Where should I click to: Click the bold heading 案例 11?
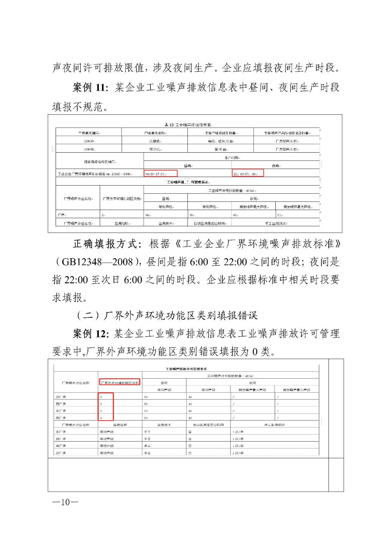pyautogui.click(x=90, y=87)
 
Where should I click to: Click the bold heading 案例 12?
pyautogui.click(x=90, y=333)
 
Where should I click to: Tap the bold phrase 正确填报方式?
pyautogui.click(x=107, y=244)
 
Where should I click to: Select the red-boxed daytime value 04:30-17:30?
pyautogui.click(x=160, y=174)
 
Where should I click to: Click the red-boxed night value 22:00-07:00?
pyautogui.click(x=248, y=174)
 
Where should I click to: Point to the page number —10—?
pyautogui.click(x=65, y=502)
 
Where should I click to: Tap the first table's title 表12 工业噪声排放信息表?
pyautogui.click(x=187, y=125)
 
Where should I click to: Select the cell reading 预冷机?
pyautogui.click(x=155, y=149)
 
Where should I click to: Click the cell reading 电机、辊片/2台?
pyautogui.click(x=220, y=141)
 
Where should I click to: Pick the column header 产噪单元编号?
pyautogui.click(x=89, y=133)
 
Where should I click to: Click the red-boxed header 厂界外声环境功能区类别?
pyautogui.click(x=120, y=382)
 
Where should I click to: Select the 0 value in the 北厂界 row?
pyautogui.click(x=102, y=397)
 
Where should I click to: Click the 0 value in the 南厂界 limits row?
pyautogui.click(x=102, y=418)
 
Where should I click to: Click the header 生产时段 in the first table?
pyautogui.click(x=232, y=157)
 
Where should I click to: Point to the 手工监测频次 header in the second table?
pyautogui.click(x=274, y=425)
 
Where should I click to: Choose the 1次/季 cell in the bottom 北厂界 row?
pyautogui.click(x=238, y=453)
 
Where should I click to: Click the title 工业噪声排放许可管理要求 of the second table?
pyautogui.click(x=186, y=369)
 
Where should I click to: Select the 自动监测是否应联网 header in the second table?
pyautogui.click(x=208, y=425)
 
